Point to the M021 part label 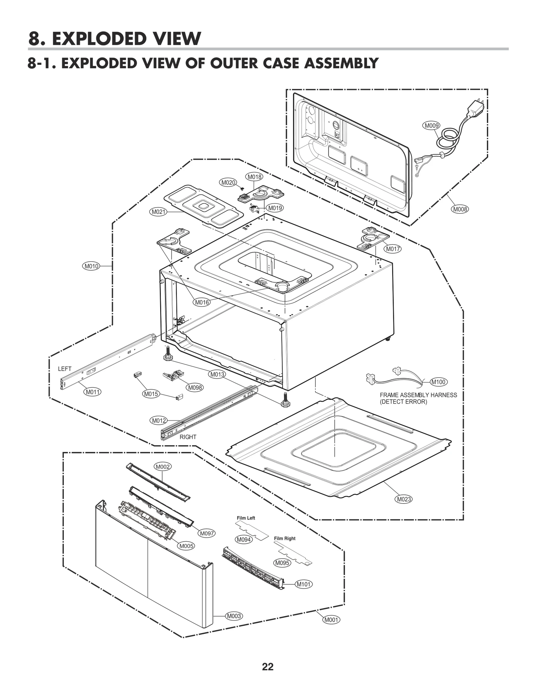click(x=158, y=212)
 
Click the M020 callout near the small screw click(x=228, y=182)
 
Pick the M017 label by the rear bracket click(x=393, y=249)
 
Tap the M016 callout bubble click(x=202, y=302)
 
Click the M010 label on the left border click(x=91, y=266)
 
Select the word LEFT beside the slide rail click(x=65, y=369)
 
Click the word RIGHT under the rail click(x=188, y=437)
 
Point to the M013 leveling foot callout click(x=217, y=374)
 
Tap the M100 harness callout click(x=438, y=382)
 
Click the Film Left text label click(x=246, y=518)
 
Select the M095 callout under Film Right click(x=282, y=563)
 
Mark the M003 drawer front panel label click(x=234, y=616)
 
